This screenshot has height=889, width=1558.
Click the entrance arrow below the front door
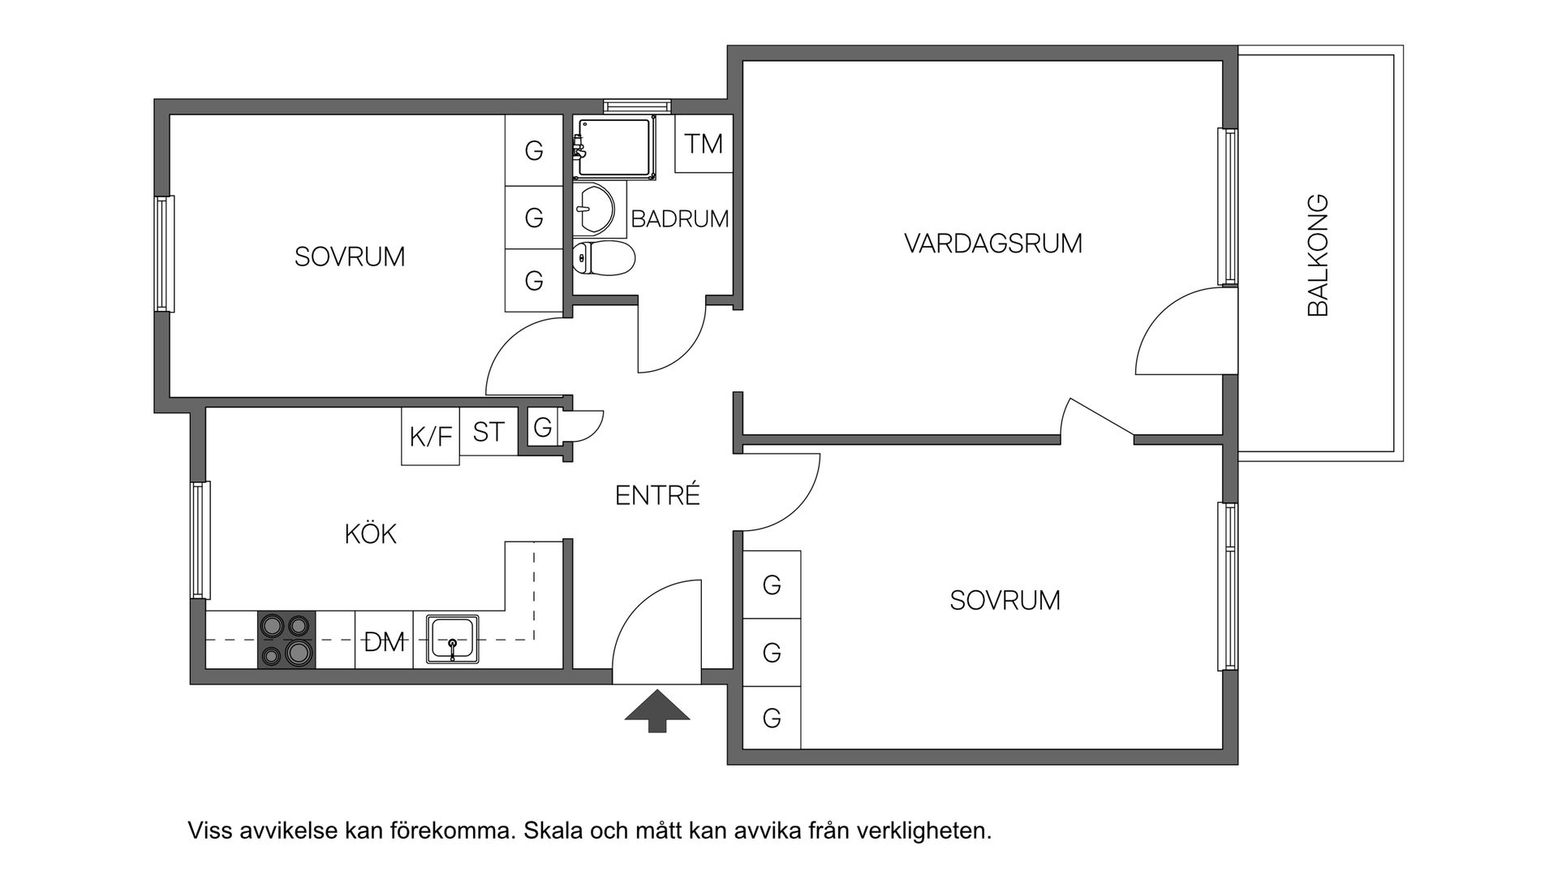[x=657, y=710]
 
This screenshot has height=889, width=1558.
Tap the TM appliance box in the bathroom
[x=704, y=144]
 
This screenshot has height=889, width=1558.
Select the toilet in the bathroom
[x=604, y=258]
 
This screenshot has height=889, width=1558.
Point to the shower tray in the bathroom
[x=615, y=146]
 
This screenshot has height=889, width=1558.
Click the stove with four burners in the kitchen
[x=286, y=640]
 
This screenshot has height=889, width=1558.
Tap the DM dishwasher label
[x=385, y=643]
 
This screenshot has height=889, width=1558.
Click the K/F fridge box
[x=431, y=437]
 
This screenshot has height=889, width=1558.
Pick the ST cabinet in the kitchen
[x=488, y=432]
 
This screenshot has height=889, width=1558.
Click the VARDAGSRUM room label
[x=993, y=244]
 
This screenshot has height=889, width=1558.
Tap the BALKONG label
[x=1319, y=255]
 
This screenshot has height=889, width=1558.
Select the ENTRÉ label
[x=657, y=495]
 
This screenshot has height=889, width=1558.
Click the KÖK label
[x=370, y=534]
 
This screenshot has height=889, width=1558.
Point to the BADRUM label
[x=679, y=219]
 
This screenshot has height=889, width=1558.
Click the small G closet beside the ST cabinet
[x=543, y=427]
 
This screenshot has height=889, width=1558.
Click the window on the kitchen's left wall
[x=200, y=540]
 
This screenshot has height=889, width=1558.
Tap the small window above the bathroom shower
[x=638, y=106]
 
